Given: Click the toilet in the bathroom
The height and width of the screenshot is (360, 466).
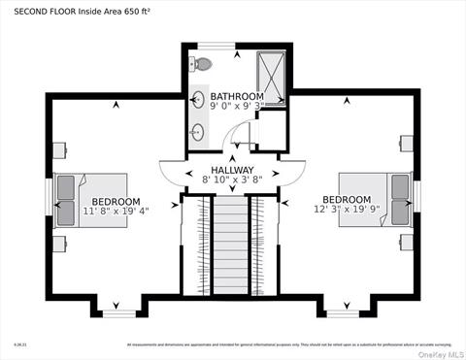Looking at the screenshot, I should (202, 64).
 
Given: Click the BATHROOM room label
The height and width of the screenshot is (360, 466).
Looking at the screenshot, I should (237, 96).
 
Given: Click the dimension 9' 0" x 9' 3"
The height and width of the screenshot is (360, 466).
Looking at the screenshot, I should (237, 107).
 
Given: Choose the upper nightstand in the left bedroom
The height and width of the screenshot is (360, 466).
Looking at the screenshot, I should (59, 150).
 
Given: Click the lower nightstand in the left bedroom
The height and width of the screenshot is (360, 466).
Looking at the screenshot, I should (59, 244).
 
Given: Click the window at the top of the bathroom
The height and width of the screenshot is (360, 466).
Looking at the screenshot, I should (218, 44).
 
